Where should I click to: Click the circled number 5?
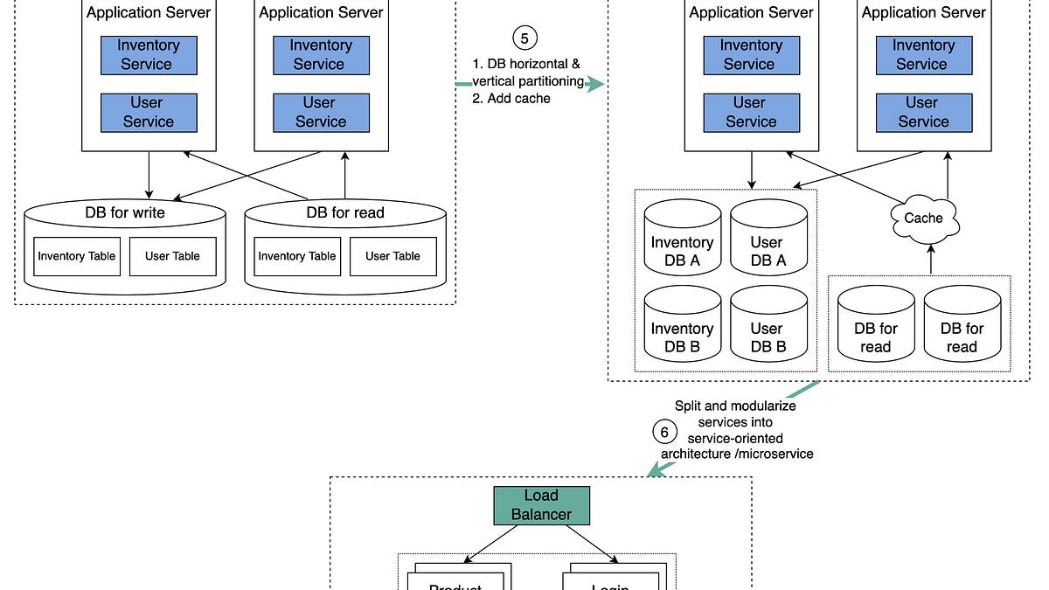[x=524, y=38]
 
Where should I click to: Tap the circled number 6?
[x=664, y=432]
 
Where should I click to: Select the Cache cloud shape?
[x=923, y=218]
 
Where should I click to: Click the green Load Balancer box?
[x=541, y=505]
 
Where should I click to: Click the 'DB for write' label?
[x=125, y=212]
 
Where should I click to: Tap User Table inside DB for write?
[x=172, y=256]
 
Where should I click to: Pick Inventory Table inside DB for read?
[x=296, y=256]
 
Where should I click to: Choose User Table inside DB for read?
[x=393, y=256]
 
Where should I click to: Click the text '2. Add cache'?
[x=511, y=99]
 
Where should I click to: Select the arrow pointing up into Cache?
[x=930, y=258]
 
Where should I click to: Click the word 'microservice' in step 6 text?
[x=776, y=453]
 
